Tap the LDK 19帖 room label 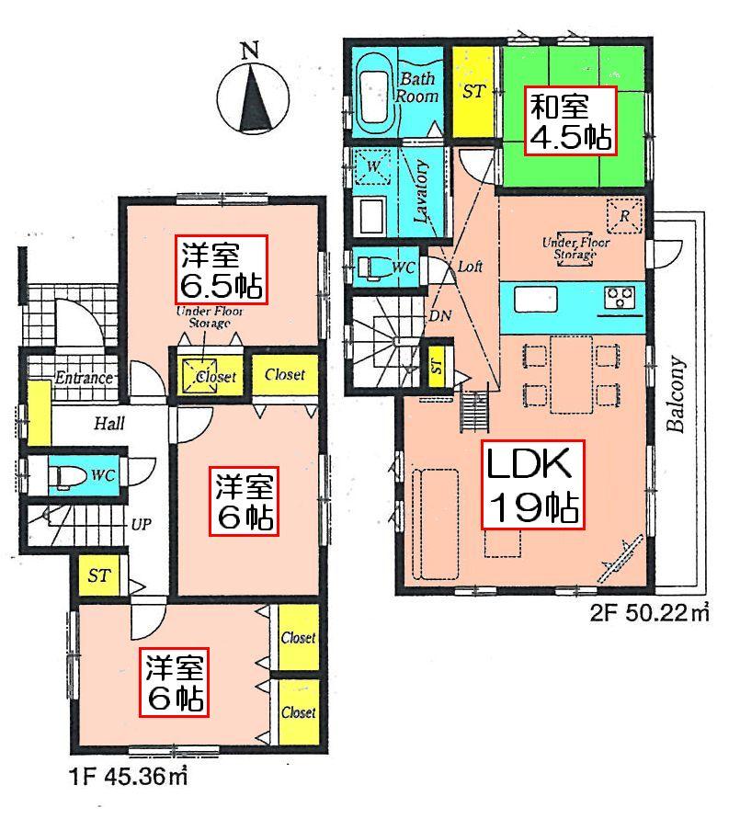[532, 483]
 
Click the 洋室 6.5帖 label [222, 269]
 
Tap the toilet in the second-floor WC [372, 267]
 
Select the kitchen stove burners [618, 297]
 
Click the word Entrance [83, 378]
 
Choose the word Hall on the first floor [108, 424]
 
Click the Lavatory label [423, 193]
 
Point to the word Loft [471, 267]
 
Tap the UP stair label [142, 525]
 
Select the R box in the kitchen [624, 217]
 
